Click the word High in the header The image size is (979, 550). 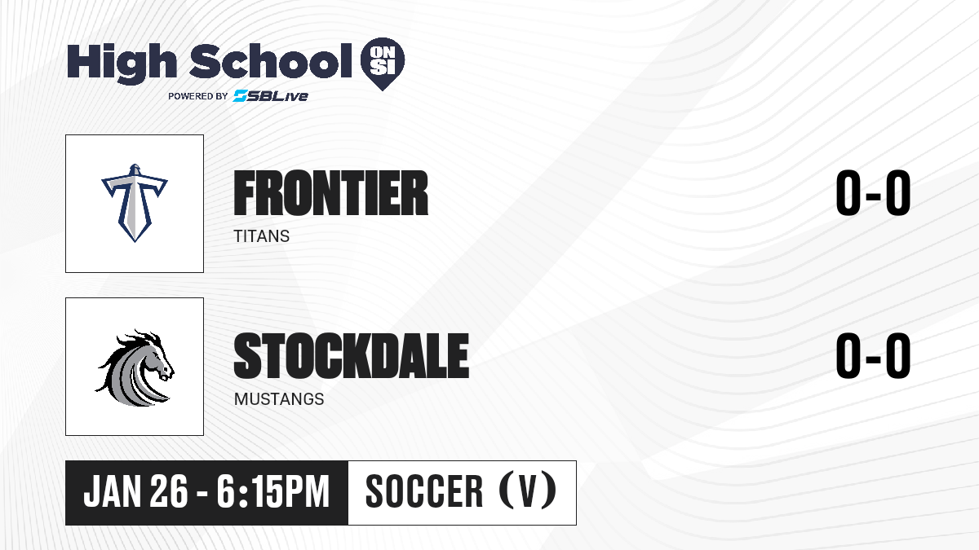point(122,63)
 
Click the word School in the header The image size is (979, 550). point(271,61)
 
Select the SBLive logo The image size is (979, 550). point(271,95)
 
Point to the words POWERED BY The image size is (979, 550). point(198,96)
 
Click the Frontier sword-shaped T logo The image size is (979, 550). point(135,203)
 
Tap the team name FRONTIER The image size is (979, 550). point(331,193)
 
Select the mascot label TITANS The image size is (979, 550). point(261,236)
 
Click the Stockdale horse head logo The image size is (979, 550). point(135,368)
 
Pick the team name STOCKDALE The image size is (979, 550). point(352,355)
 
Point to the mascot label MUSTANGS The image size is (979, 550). point(279,399)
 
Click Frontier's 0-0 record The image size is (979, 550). point(873,193)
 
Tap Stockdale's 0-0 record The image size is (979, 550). point(873,355)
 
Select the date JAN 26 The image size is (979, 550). point(136,491)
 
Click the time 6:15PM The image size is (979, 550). point(272,491)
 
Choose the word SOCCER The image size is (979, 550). point(424,491)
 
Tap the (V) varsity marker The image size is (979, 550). point(528,491)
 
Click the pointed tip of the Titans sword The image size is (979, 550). point(135,241)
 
